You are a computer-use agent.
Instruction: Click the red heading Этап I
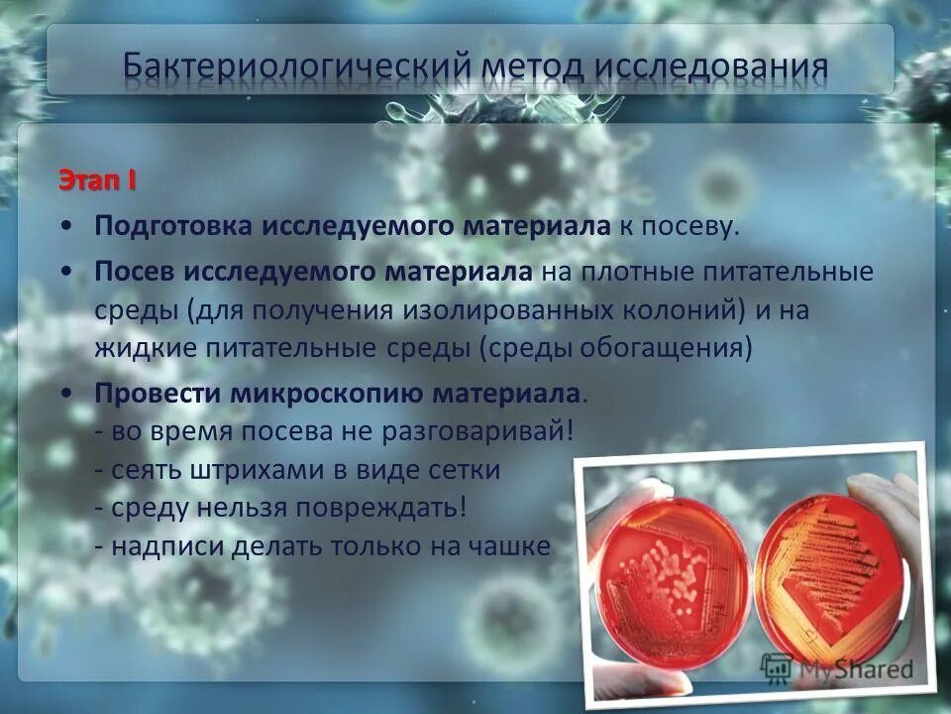(x=97, y=182)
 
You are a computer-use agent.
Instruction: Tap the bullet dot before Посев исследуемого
(x=64, y=271)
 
